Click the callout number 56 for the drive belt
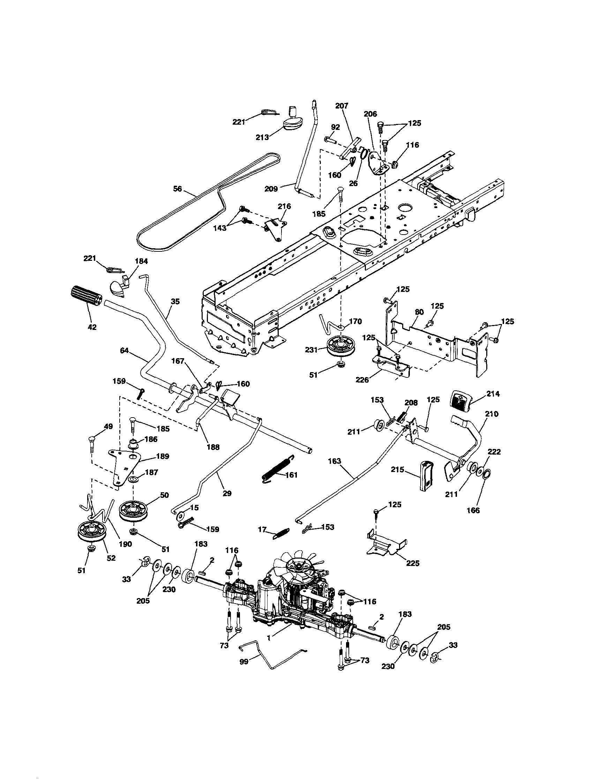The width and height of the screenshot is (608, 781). tap(177, 189)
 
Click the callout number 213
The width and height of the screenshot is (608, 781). tap(262, 137)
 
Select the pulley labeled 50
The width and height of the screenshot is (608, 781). tap(134, 511)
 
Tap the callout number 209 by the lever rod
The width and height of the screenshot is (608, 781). tap(271, 189)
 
